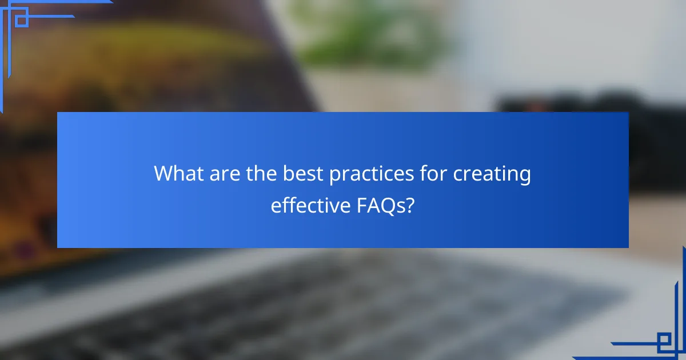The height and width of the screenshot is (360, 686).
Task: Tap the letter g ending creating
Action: coord(525,177)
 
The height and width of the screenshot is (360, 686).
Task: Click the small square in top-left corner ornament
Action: coord(21,21)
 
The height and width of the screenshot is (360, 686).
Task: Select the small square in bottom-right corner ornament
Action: coord(664,341)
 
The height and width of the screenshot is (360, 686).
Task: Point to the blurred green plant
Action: coord(366,34)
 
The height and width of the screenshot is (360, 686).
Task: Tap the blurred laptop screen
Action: coord(143,69)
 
